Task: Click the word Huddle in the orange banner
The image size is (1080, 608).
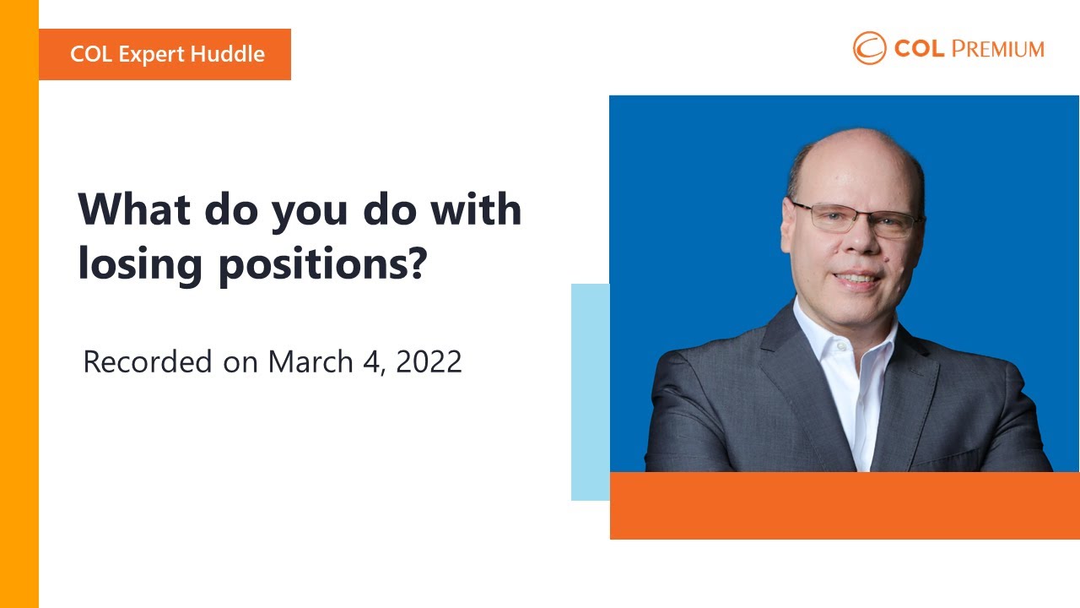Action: click(x=228, y=53)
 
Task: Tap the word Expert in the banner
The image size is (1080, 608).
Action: click(x=151, y=55)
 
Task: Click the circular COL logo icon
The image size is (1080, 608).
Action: click(x=869, y=48)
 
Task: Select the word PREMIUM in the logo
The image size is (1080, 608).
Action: click(x=998, y=49)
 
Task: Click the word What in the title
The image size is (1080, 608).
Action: click(x=134, y=209)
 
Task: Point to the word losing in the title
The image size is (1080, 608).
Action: click(x=140, y=264)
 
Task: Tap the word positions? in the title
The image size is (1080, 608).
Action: click(x=323, y=264)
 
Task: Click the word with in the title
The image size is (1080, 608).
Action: click(x=476, y=209)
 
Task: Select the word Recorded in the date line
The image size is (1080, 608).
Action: click(x=148, y=361)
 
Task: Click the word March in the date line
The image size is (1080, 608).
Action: click(x=310, y=361)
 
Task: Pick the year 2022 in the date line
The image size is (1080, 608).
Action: click(x=429, y=361)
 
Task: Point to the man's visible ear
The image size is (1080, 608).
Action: click(x=789, y=225)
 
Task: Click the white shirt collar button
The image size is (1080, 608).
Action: click(x=841, y=346)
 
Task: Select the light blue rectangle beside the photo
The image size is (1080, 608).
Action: click(x=590, y=392)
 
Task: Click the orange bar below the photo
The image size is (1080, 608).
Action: click(x=845, y=505)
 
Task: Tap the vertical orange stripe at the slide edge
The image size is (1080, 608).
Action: click(x=19, y=304)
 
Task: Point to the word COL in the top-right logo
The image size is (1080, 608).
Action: click(x=919, y=49)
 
